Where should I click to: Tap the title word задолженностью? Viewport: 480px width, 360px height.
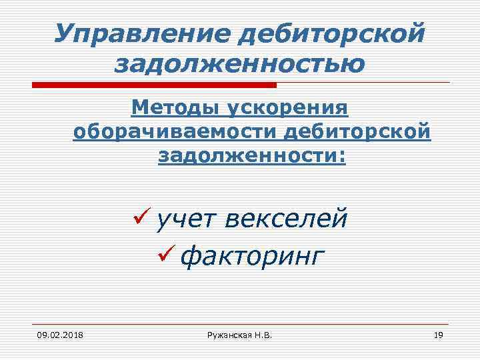[x=240, y=64]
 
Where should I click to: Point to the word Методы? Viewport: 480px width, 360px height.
[x=176, y=108]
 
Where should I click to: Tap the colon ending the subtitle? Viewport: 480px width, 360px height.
[x=343, y=157]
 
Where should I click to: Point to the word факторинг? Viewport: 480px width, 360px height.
[x=253, y=255]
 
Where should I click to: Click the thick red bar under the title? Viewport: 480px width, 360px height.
[x=154, y=85]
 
